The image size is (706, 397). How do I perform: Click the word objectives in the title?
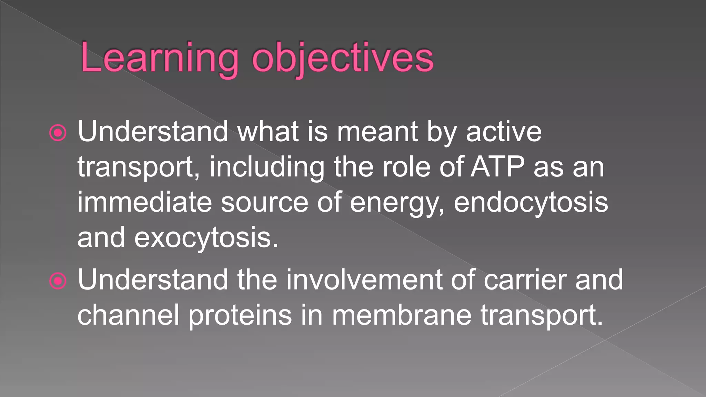tap(343, 58)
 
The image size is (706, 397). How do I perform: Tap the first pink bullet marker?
tap(58, 133)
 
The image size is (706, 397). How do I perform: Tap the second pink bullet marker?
tap(58, 281)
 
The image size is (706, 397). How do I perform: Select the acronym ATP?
tap(497, 167)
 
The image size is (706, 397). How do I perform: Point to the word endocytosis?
tap(531, 202)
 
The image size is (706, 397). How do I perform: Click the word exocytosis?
tap(206, 237)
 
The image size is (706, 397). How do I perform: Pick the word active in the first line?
tap(504, 132)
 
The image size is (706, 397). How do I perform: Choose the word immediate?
tap(144, 202)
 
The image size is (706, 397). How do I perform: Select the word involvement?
tap(364, 280)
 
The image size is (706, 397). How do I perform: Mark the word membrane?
tap(401, 315)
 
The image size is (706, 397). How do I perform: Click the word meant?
tap(377, 132)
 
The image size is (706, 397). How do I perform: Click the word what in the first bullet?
tap(268, 132)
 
